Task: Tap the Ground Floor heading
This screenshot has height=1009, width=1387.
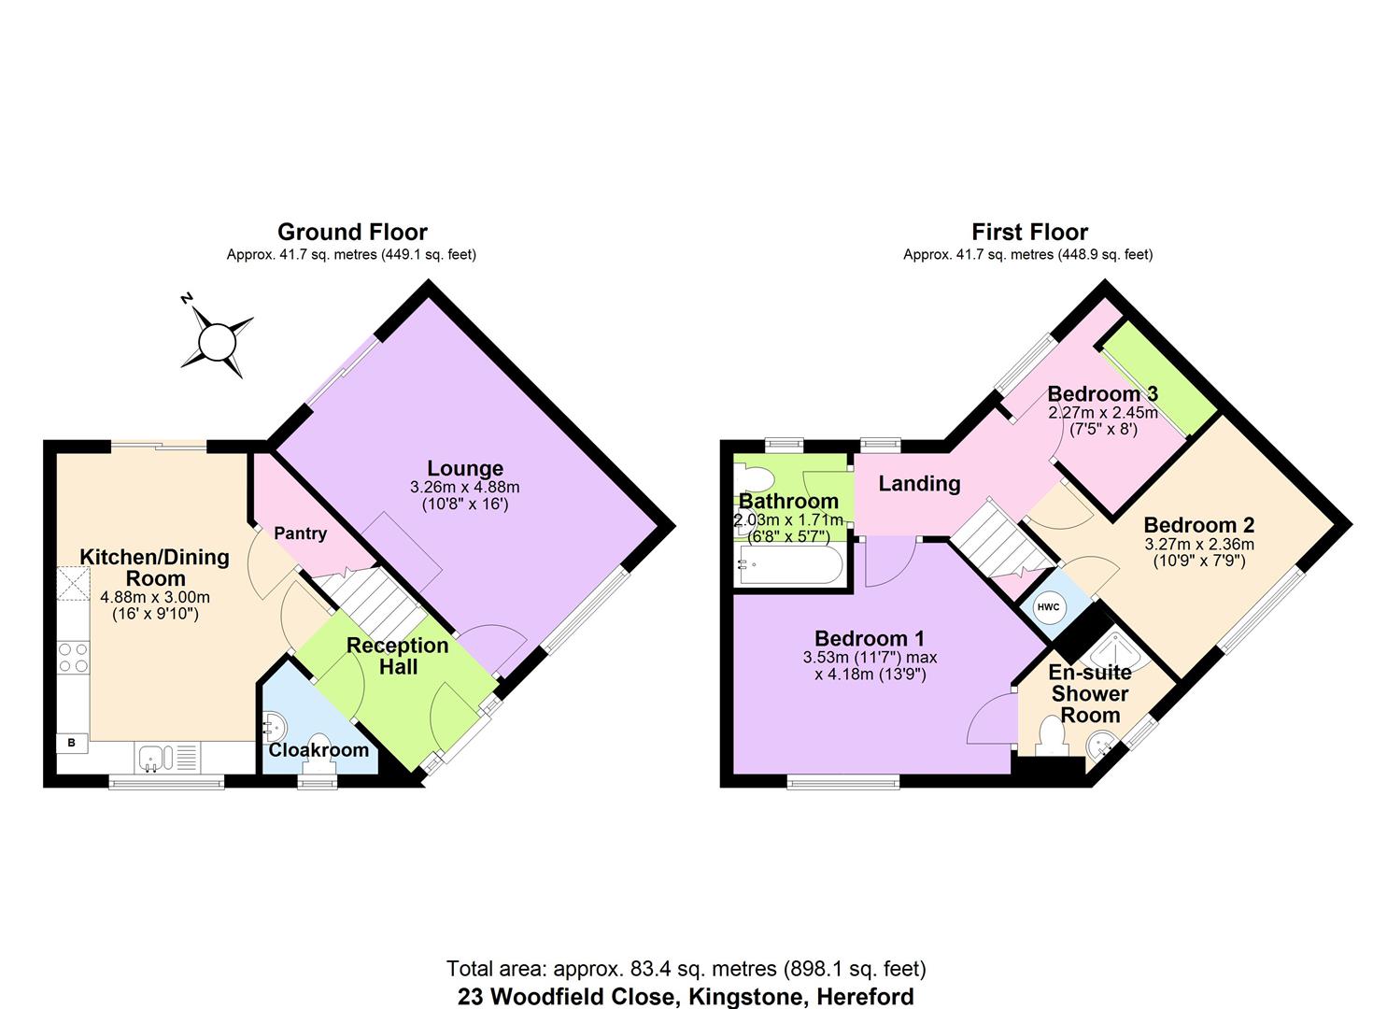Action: click(352, 232)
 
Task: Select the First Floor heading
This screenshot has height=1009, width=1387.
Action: click(1029, 232)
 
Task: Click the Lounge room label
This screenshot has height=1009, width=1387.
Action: click(465, 468)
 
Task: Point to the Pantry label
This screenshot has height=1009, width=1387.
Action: click(300, 533)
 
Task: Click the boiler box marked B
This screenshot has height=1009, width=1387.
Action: click(71, 744)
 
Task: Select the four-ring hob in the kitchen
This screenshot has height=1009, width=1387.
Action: click(73, 658)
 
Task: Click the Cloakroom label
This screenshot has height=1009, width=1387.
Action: click(318, 749)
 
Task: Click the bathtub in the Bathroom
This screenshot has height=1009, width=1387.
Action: click(790, 564)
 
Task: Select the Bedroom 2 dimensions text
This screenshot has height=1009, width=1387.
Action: click(1198, 552)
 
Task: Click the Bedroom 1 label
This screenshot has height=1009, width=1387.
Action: click(869, 638)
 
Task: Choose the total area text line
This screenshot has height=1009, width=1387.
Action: click(686, 968)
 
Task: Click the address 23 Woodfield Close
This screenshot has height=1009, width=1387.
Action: click(686, 996)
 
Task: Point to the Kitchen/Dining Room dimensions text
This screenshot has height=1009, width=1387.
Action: click(154, 606)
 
